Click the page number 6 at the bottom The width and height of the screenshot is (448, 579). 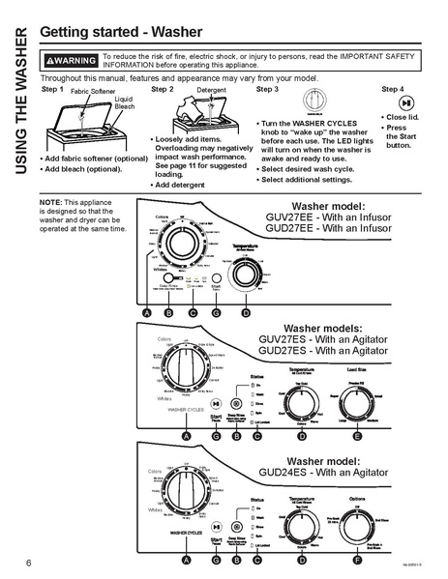coord(17,563)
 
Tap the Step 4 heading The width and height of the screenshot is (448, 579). coord(393,89)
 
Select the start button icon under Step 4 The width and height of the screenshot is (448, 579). coord(407,102)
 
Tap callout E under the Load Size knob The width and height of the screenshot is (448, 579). coord(358,437)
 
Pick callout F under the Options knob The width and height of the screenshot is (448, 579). coord(358,560)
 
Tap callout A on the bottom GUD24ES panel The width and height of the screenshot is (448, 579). coord(186,560)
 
